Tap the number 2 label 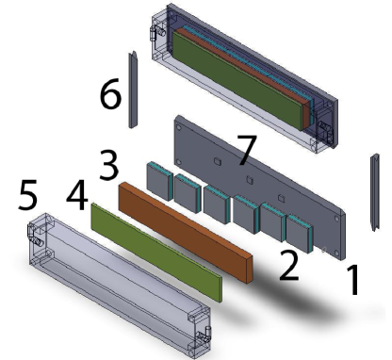pos(288,266)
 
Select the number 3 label pos(109,167)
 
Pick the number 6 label pos(111,93)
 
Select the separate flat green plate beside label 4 pos(155,251)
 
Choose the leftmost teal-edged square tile pos(157,177)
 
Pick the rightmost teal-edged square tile pos(301,234)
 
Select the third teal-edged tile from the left pos(215,200)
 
